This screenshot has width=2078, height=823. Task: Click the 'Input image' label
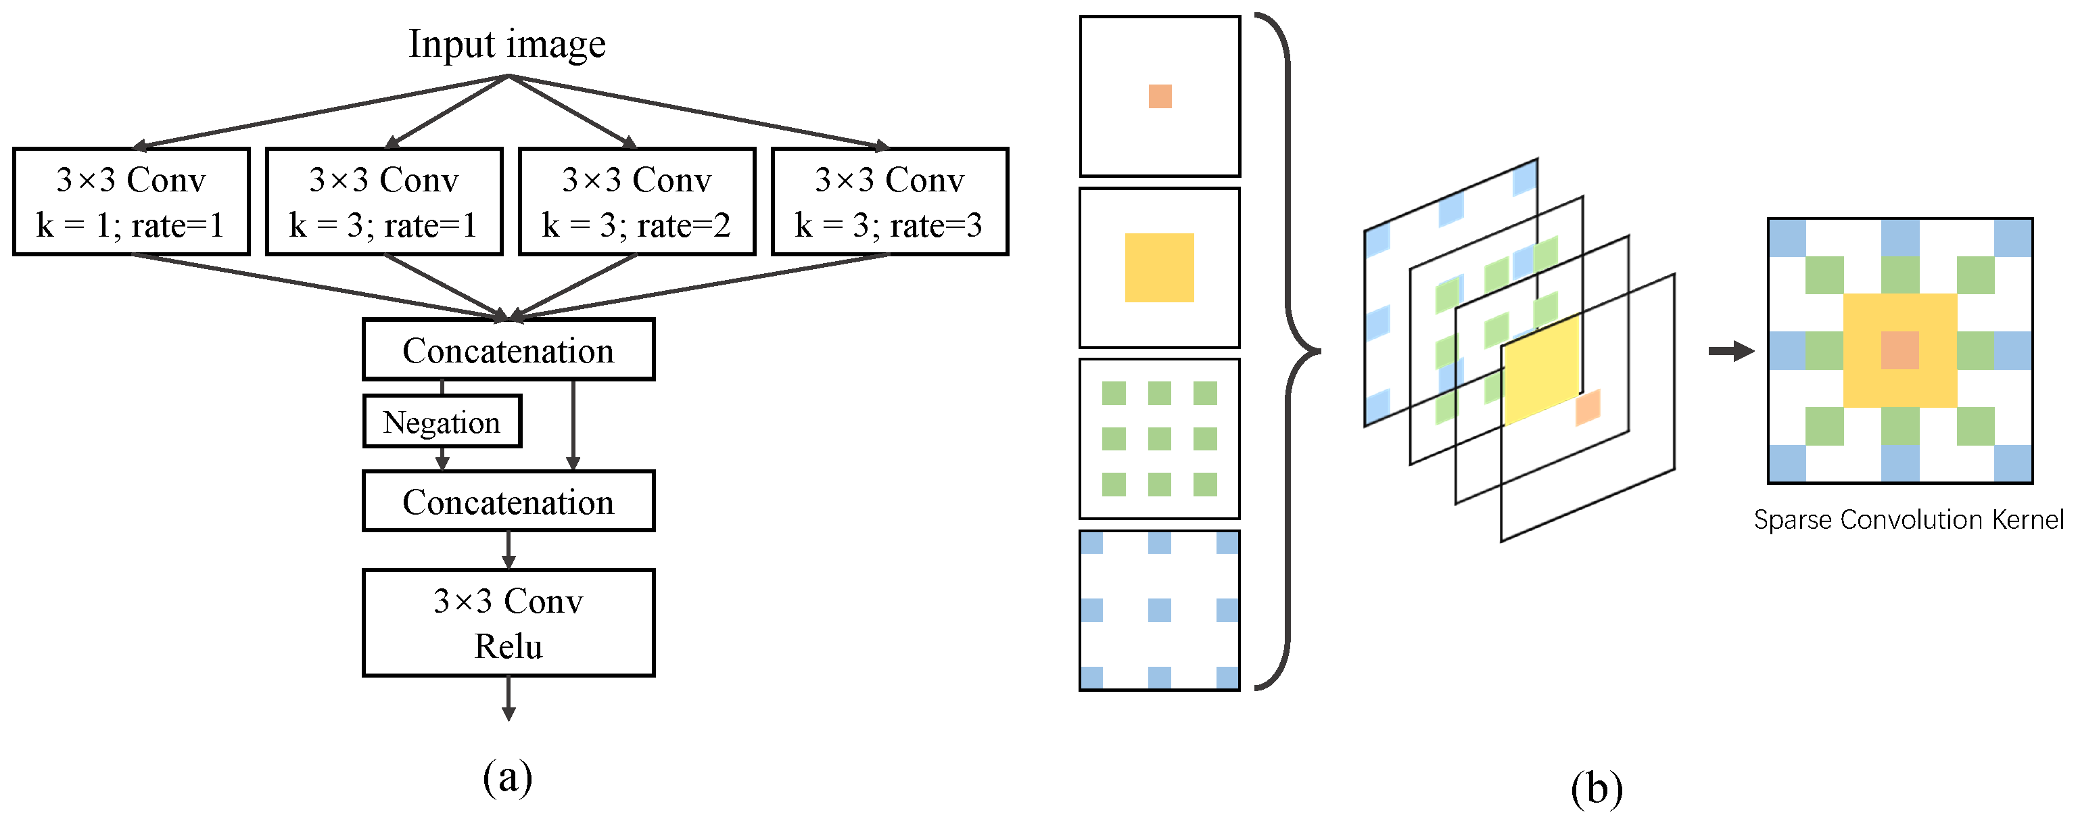(506, 45)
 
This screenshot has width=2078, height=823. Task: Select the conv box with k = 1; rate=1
(131, 202)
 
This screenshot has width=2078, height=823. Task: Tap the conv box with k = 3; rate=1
(384, 202)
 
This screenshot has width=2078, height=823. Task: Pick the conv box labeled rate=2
(636, 202)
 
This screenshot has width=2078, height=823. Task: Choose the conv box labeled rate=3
(890, 202)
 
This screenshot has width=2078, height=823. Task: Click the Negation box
(442, 422)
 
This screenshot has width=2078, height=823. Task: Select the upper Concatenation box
(509, 350)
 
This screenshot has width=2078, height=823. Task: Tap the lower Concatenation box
(509, 502)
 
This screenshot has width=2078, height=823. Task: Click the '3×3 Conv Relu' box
(509, 623)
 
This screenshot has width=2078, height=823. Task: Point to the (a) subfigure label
(507, 776)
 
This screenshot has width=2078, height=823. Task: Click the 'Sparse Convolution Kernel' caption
(1908, 519)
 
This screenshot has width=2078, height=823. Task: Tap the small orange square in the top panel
(1160, 96)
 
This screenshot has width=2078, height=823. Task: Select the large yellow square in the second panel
(1159, 268)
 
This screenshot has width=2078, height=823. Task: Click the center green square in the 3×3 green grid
(1159, 439)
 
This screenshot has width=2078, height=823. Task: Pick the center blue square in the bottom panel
(1159, 610)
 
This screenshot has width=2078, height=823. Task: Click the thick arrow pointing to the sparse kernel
(1730, 351)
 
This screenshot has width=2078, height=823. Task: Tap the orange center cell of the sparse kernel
(1899, 351)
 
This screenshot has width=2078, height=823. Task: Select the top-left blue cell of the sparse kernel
(1787, 238)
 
